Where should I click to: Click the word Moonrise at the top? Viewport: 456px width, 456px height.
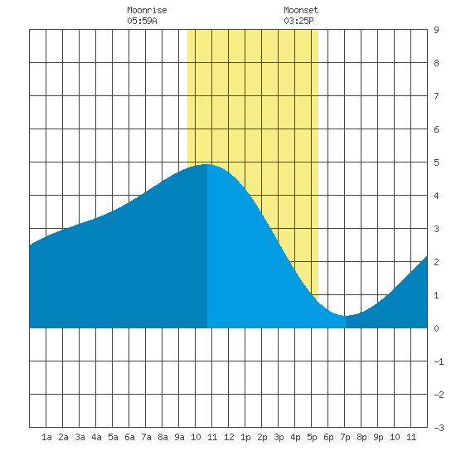click(147, 10)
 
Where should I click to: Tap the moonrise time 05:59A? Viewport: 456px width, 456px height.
click(142, 21)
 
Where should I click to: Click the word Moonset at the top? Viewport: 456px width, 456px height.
click(301, 10)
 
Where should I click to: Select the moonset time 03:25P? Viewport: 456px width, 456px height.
click(298, 21)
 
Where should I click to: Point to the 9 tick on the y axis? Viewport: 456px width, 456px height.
click(436, 30)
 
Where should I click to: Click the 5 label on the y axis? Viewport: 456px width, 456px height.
click(436, 163)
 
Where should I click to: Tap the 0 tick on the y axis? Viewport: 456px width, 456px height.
click(436, 328)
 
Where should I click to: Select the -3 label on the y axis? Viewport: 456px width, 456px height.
click(439, 428)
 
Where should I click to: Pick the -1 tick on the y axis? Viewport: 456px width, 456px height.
click(439, 361)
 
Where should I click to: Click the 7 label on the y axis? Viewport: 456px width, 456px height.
click(436, 96)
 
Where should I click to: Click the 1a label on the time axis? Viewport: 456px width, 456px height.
click(46, 437)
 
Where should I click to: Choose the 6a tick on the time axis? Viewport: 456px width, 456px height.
click(129, 437)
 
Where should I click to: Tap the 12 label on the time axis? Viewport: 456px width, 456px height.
click(229, 437)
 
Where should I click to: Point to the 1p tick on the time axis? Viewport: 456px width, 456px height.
click(245, 437)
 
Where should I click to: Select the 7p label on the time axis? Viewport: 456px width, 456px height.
click(345, 437)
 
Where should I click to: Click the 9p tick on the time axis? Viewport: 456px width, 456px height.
click(378, 437)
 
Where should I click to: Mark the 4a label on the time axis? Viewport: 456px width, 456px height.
click(96, 437)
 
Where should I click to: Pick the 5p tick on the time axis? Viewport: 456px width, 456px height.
click(312, 437)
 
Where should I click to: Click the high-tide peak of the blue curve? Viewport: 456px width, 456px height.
click(206, 164)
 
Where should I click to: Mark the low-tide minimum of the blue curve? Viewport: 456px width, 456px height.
click(345, 316)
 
